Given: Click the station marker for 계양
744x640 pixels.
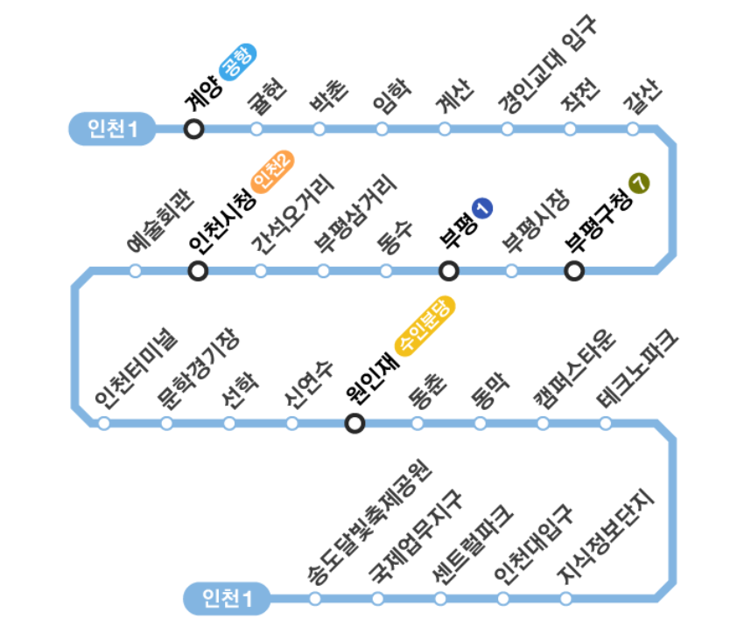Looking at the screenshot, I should [x=194, y=129].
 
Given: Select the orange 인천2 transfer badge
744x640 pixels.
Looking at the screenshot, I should [x=272, y=171].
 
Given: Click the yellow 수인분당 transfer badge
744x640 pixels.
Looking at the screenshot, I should [x=426, y=325].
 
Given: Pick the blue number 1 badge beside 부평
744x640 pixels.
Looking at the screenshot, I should [x=482, y=208].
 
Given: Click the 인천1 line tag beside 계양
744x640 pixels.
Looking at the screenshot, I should [x=112, y=129].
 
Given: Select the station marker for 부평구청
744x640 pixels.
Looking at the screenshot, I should [x=574, y=271].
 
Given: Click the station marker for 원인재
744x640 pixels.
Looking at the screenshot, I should [x=354, y=424].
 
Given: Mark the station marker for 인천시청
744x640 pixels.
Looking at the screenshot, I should [x=199, y=271].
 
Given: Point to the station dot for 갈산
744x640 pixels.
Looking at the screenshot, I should [x=633, y=129].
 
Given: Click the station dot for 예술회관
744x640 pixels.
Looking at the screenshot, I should [x=136, y=271].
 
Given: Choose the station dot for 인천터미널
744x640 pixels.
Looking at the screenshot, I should [x=104, y=424].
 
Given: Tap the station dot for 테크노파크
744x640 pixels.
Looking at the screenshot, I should [x=606, y=424].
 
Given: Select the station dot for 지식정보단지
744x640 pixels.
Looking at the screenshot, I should [x=566, y=599].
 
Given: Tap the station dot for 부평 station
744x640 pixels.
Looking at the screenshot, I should [x=449, y=271].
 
